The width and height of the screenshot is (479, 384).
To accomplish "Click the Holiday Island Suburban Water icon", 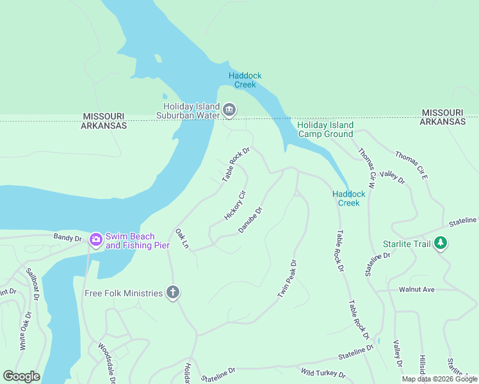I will coord(229,111).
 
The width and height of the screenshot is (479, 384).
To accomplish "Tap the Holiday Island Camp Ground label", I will coord(325,129).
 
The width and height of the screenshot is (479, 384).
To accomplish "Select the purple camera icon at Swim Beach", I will coord(96,240).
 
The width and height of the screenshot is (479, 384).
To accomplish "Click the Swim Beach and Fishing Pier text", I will coord(138,241).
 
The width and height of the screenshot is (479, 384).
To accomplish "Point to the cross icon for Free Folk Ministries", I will coord(172,293).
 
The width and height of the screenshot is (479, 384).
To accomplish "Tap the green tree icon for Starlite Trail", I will coord(440,243).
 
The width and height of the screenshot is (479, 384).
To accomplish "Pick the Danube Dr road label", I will coord(250,220).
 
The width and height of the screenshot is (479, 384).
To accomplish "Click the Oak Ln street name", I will coord(183,238).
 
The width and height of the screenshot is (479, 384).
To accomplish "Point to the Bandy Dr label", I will coord(68,238).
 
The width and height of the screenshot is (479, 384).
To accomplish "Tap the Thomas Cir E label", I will coord(410,164).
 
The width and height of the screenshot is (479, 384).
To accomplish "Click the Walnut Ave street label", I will coord(416,290).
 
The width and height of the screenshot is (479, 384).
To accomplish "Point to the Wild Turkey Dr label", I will coord(323,373).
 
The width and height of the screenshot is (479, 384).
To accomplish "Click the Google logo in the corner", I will coord(21,376).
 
